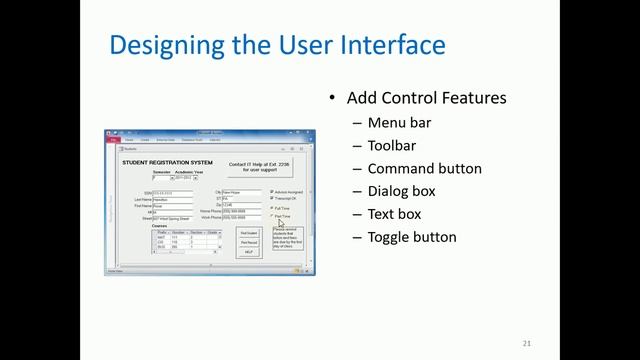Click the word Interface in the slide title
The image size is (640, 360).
395,45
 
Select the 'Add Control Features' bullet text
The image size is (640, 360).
426,98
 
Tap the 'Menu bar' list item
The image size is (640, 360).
400,123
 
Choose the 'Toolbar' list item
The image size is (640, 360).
392,146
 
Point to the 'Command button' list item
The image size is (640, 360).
424,169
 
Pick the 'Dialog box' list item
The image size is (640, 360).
401,191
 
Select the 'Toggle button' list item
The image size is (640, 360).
412,237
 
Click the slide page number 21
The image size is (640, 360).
526,344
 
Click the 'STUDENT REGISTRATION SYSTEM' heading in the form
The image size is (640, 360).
167,162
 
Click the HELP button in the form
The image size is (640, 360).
249,252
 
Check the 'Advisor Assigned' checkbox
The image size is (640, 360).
272,192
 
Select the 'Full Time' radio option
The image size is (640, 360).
272,208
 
